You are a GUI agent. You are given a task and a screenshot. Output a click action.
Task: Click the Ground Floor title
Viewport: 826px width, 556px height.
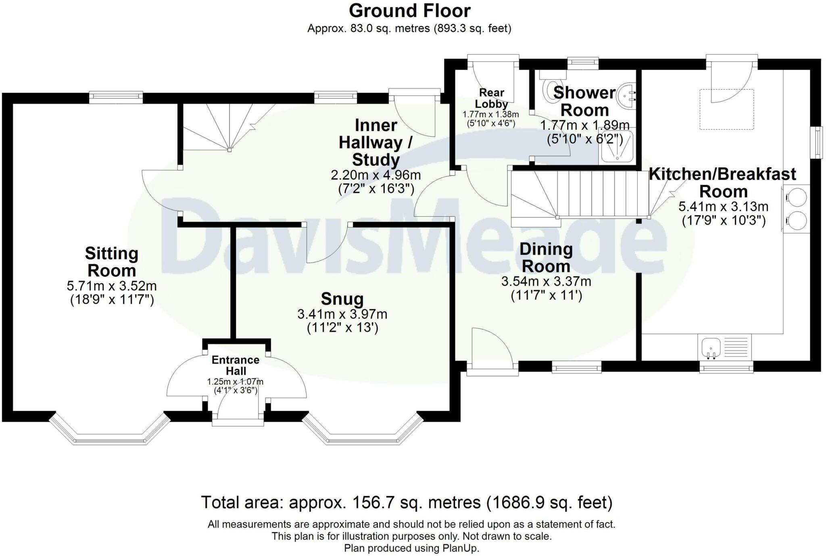[x=409, y=11]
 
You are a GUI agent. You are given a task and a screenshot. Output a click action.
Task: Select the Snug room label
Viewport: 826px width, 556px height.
[x=342, y=299]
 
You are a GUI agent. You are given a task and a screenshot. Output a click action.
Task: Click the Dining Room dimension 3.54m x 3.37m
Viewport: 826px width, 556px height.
[x=546, y=281]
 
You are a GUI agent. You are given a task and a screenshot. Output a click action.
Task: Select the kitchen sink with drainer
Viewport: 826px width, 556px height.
[x=724, y=347]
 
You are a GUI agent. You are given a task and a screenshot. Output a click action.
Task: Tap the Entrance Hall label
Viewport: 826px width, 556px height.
[x=236, y=365]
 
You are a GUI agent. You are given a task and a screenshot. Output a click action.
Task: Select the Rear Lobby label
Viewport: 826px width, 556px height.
[x=491, y=98]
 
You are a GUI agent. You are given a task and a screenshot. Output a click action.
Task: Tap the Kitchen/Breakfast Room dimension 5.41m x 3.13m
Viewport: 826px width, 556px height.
[x=723, y=207]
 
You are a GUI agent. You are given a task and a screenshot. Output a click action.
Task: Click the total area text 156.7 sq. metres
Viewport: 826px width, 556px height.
[x=407, y=503]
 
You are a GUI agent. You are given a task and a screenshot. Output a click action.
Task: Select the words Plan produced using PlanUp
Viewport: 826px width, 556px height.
[x=411, y=548]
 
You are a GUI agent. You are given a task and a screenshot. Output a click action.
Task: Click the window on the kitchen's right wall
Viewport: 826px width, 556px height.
[x=818, y=142]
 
